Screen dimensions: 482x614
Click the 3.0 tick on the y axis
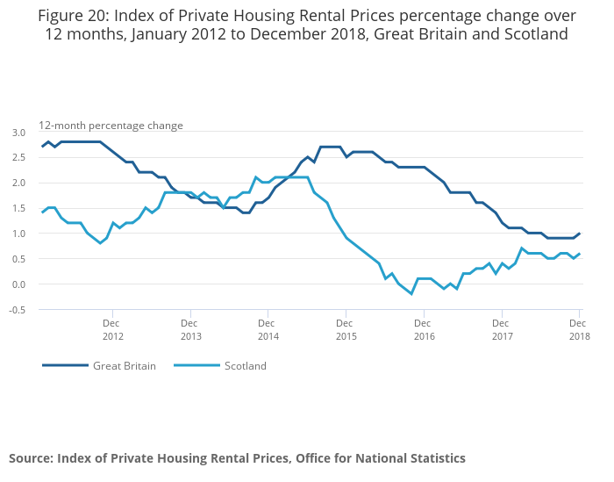[x=18, y=133]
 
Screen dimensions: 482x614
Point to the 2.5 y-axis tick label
[x=18, y=158]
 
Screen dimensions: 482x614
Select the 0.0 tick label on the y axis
[x=18, y=284]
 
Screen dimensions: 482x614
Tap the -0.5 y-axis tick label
[x=18, y=310]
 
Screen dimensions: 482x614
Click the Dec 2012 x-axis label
[x=113, y=329]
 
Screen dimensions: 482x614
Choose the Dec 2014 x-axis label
[x=268, y=329]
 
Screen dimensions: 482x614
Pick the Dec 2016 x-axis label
[x=424, y=329]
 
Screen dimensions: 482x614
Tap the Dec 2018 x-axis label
[x=579, y=329]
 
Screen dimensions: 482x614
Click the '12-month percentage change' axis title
[x=111, y=126]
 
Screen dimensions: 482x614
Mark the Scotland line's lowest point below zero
[x=411, y=294]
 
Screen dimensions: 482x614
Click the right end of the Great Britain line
[x=580, y=234]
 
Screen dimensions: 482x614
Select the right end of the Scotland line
[x=580, y=254]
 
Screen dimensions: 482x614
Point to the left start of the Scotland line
[x=42, y=212]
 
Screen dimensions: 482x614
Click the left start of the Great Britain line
[x=42, y=147]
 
